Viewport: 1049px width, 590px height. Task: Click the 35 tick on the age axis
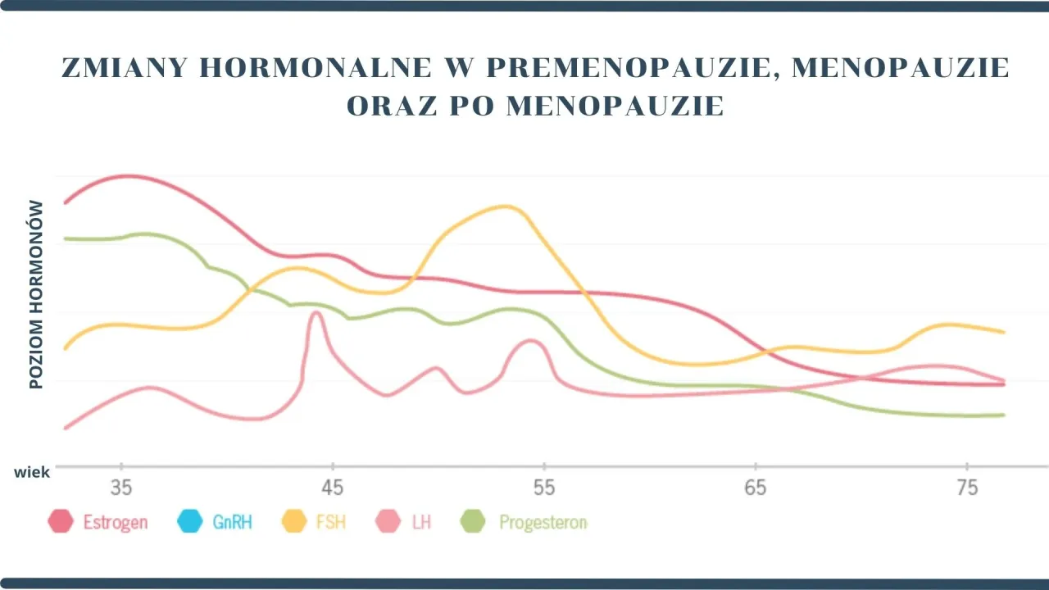click(120, 488)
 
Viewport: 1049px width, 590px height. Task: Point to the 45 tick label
click(332, 488)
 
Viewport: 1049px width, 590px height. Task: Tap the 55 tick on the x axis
click(544, 488)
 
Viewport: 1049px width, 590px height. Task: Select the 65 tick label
click(756, 488)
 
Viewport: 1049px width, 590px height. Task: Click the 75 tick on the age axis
click(967, 488)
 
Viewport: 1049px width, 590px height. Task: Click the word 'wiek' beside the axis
click(31, 473)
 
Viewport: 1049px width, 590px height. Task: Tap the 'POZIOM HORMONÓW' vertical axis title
click(36, 294)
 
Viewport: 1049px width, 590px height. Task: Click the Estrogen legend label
click(116, 522)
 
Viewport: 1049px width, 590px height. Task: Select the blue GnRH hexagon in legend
click(189, 521)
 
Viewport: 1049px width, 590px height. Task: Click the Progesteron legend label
click(543, 522)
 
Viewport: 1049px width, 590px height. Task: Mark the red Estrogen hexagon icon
click(61, 521)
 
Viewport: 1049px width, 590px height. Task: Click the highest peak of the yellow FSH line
click(506, 206)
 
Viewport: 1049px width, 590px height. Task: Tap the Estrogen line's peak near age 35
click(129, 176)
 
